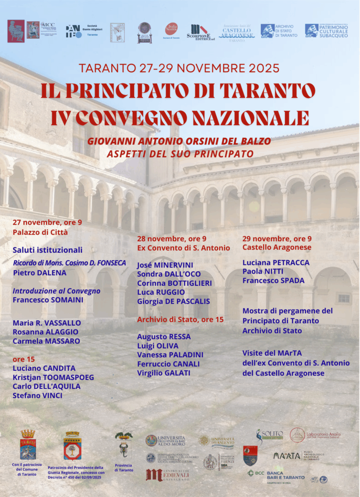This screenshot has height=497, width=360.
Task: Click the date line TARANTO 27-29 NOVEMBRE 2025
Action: pyautogui.click(x=179, y=68)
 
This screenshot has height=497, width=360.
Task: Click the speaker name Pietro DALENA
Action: pyautogui.click(x=39, y=273)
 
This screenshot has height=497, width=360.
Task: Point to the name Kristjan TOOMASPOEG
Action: pyautogui.click(x=53, y=377)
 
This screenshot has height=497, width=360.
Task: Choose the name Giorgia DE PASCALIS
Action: pyautogui.click(x=173, y=301)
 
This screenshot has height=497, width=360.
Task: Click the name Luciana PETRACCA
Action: pyautogui.click(x=275, y=263)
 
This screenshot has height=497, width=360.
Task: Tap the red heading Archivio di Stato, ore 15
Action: pyautogui.click(x=180, y=319)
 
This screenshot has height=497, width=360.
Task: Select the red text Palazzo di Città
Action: pyautogui.click(x=40, y=232)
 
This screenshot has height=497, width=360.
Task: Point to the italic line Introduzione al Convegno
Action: pyautogui.click(x=56, y=291)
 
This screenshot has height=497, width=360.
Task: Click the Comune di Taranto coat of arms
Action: pyautogui.click(x=28, y=445)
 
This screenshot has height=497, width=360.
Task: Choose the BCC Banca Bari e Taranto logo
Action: pyautogui.click(x=276, y=474)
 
